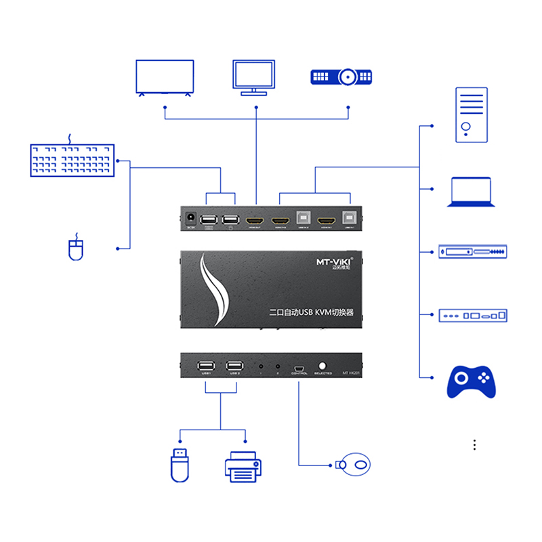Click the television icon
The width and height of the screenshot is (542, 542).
[x=165, y=77]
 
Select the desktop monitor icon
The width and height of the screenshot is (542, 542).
[x=253, y=76]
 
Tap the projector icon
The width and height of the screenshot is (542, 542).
[x=341, y=77]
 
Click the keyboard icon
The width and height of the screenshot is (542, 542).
[x=72, y=160]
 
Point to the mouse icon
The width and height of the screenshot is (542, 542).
[x=75, y=248]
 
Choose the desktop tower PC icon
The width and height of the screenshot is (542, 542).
[x=471, y=114]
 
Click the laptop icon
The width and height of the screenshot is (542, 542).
[x=471, y=192]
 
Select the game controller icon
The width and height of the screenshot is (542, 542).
[x=472, y=381]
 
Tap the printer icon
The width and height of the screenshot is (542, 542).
[x=243, y=466]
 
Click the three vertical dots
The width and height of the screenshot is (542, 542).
[x=475, y=444]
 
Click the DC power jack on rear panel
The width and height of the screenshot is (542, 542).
[x=191, y=220]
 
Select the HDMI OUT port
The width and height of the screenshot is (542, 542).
[x=255, y=221]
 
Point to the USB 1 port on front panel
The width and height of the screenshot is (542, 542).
[x=207, y=366]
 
